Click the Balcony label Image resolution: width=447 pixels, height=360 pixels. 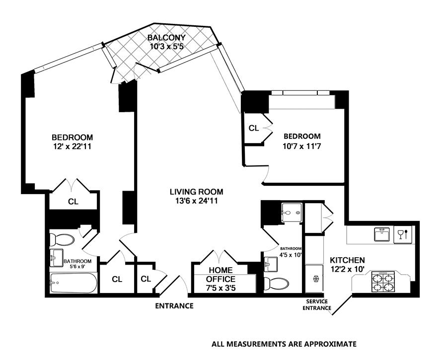[x=166, y=38]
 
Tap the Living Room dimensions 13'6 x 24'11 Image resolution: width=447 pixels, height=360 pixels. [x=197, y=201]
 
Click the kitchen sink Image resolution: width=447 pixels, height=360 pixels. [x=382, y=234]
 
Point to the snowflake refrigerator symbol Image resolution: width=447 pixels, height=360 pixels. [x=315, y=278]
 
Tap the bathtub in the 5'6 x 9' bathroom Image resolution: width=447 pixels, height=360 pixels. [x=74, y=283]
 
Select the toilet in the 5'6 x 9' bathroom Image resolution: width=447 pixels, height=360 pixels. [x=62, y=240]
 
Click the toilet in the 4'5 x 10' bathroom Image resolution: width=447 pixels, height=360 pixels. [x=276, y=284]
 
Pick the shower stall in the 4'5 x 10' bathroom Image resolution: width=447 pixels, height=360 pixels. [x=292, y=213]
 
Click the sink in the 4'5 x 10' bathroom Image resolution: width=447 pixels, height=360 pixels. [x=271, y=264]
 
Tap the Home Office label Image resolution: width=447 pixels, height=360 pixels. [x=221, y=274]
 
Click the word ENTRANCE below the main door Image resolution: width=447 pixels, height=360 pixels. [x=174, y=306]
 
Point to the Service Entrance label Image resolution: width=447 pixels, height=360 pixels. [x=317, y=305]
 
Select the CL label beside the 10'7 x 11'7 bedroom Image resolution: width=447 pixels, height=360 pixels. [x=253, y=128]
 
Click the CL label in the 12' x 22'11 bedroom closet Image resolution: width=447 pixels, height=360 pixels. [x=73, y=202]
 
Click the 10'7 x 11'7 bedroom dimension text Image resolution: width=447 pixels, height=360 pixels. [x=302, y=146]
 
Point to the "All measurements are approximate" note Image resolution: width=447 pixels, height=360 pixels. [x=284, y=344]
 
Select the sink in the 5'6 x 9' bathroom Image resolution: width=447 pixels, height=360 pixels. [x=57, y=258]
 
